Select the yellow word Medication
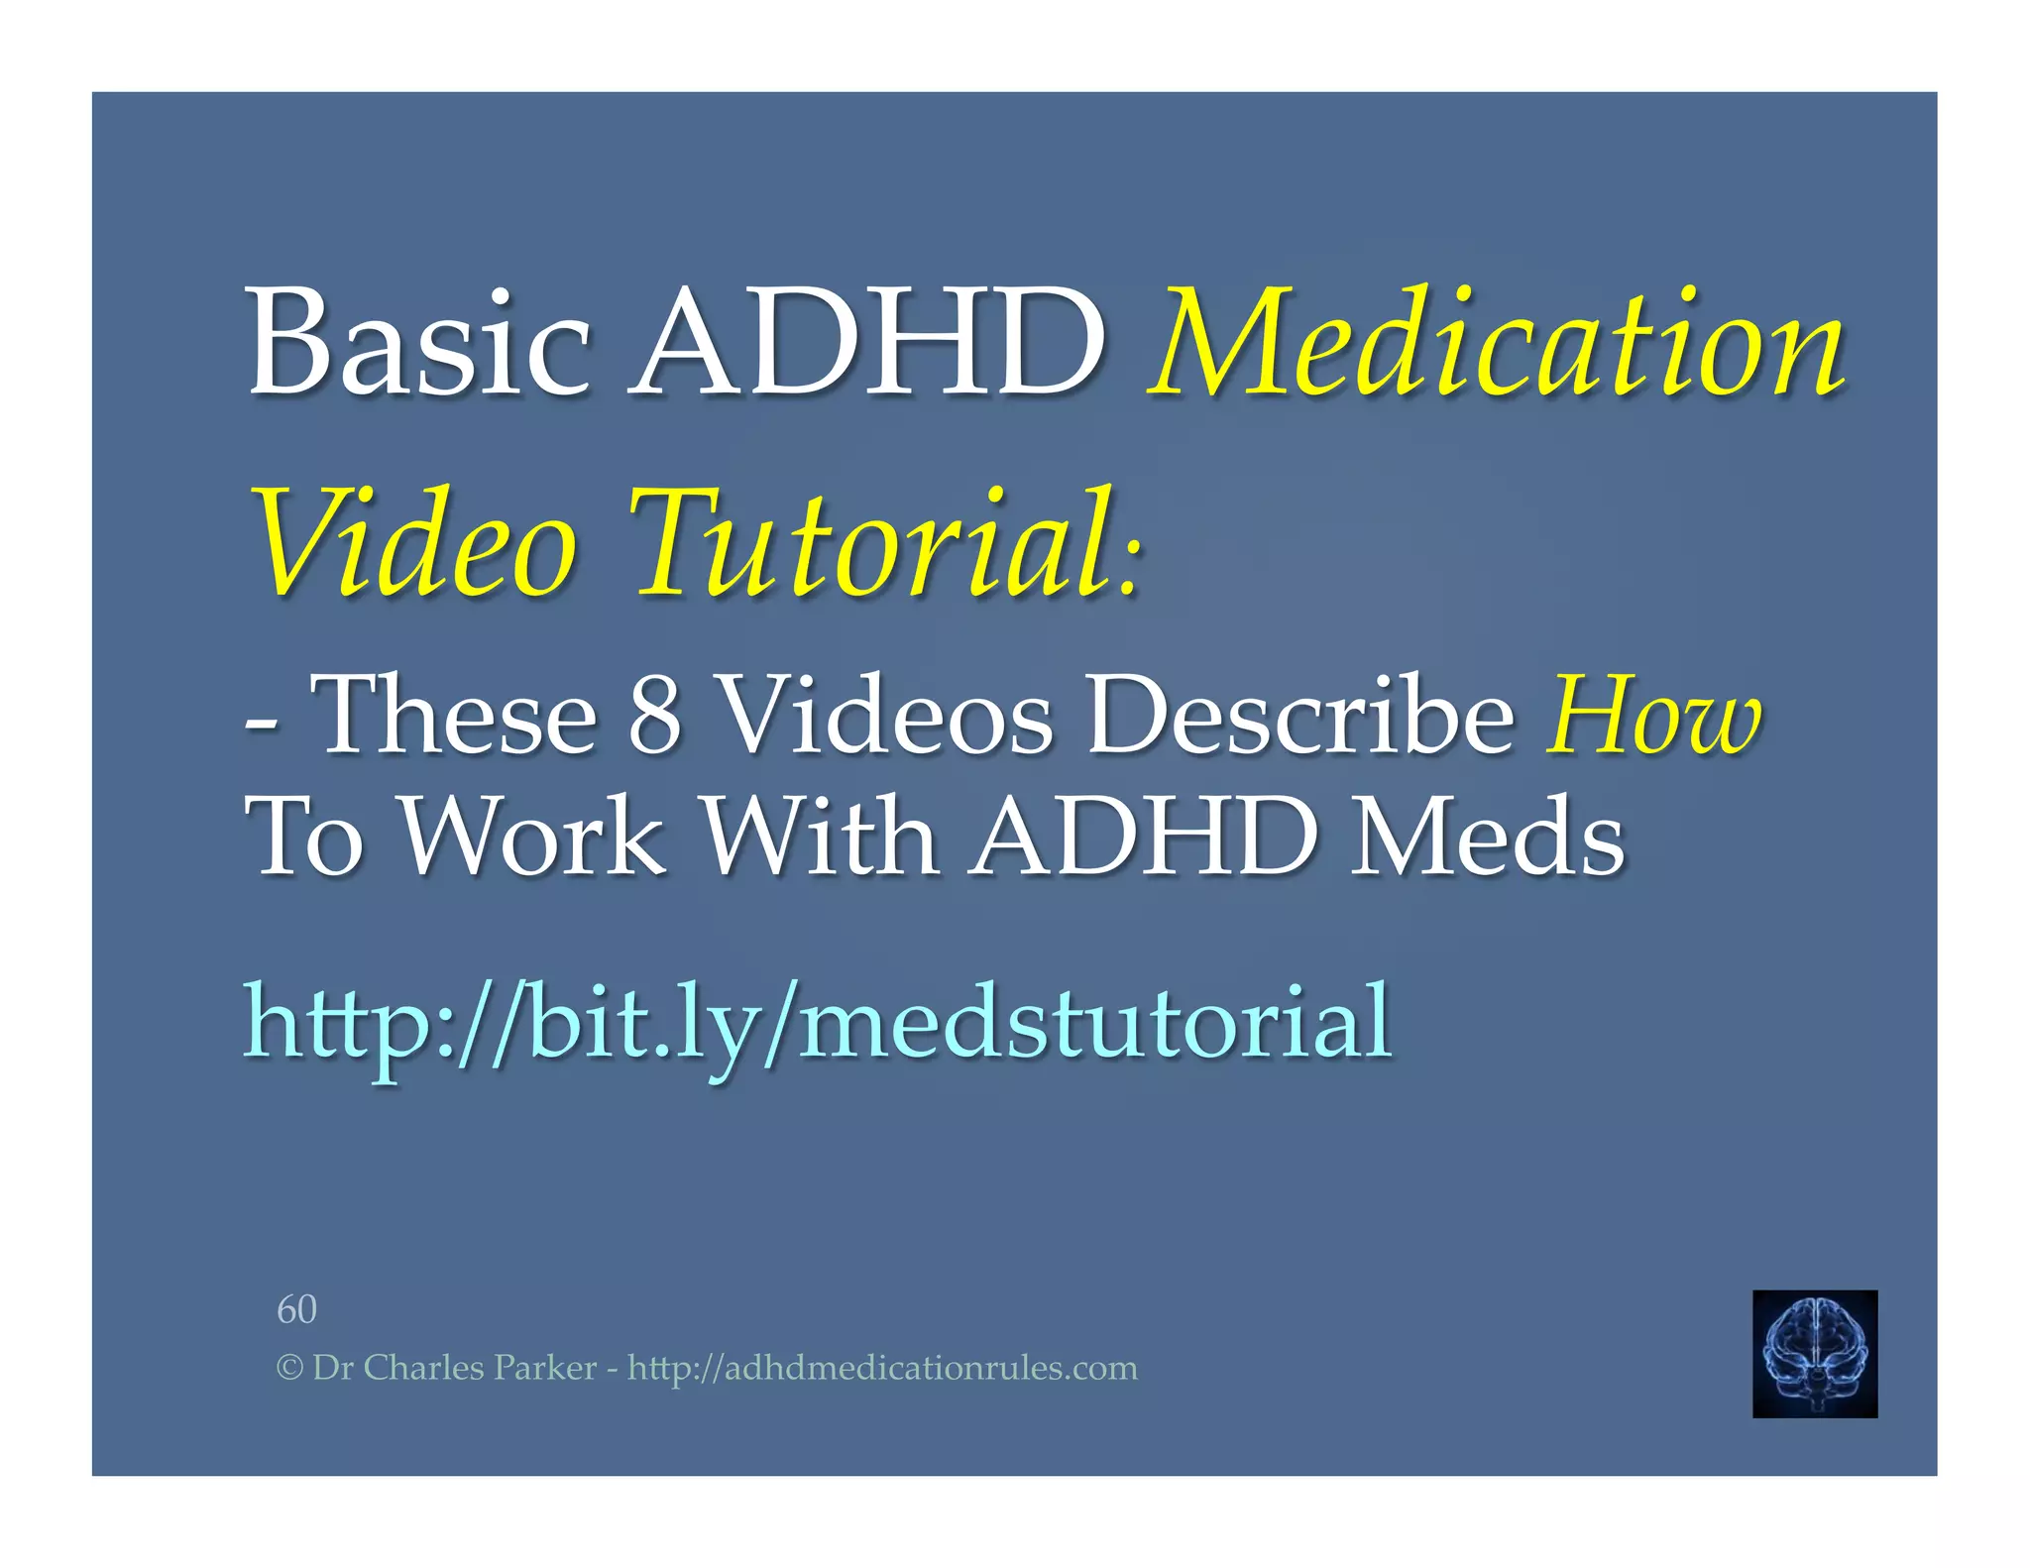click(1498, 343)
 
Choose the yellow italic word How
click(1654, 714)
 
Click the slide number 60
click(296, 1309)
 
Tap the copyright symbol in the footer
click(288, 1369)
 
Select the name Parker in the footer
click(545, 1368)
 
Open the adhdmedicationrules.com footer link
click(882, 1368)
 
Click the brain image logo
click(1814, 1353)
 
